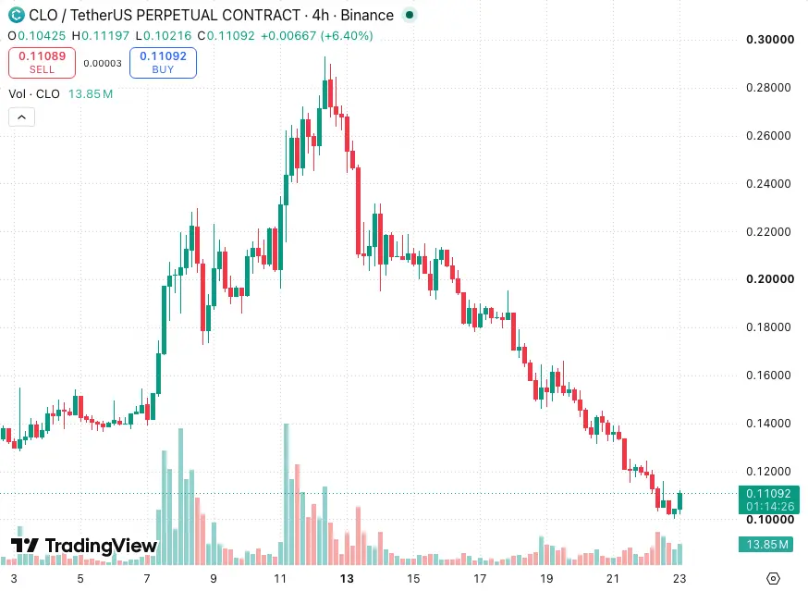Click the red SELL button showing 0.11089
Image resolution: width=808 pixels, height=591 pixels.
[x=42, y=62]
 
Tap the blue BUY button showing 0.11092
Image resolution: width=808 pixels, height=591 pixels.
[x=163, y=62]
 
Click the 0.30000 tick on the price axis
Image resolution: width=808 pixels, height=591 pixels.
[x=770, y=40]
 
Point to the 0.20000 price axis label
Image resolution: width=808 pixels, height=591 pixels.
[x=770, y=279]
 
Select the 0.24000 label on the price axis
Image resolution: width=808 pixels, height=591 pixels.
[x=768, y=184]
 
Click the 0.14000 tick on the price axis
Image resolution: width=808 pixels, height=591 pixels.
[x=768, y=424]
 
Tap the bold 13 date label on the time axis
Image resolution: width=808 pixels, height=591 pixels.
[x=347, y=579]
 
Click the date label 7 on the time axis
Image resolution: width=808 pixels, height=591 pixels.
[x=147, y=579]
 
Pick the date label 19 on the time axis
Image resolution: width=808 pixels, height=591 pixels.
[x=546, y=579]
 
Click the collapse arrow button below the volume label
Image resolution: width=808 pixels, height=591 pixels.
[x=21, y=117]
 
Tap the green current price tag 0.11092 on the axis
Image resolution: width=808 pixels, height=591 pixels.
[x=769, y=499]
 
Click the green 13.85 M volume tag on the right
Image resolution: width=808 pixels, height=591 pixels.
[x=765, y=544]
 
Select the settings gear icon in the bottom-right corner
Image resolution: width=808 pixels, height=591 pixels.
[x=773, y=579]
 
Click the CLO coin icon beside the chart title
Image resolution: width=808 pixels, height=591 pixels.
[x=17, y=15]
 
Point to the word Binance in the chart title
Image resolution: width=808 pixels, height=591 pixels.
[x=367, y=16]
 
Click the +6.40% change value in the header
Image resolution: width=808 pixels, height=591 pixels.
[x=347, y=35]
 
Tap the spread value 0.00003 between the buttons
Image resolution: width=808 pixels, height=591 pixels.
[x=103, y=64]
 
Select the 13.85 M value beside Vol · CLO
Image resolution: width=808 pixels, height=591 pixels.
[x=91, y=93]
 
